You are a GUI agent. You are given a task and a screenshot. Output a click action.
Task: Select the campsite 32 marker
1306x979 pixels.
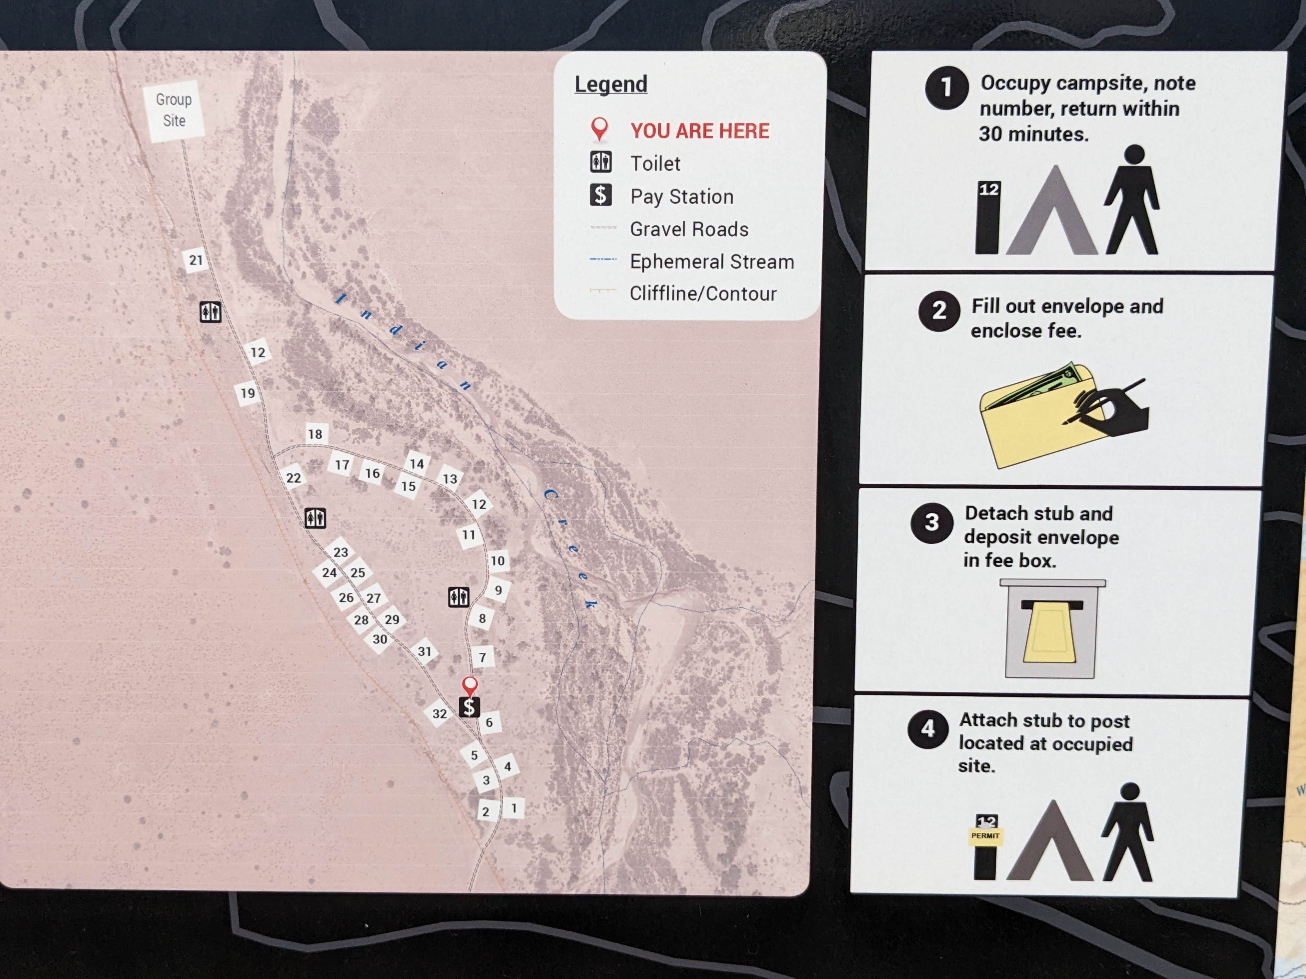point(439,714)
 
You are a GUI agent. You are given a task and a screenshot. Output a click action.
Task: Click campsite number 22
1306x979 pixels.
point(293,478)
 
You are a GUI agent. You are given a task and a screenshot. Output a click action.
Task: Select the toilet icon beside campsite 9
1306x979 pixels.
point(458,597)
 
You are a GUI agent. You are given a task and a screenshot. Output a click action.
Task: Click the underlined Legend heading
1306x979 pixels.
point(611,84)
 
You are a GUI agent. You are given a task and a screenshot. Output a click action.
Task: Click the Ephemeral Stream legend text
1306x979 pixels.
point(711,261)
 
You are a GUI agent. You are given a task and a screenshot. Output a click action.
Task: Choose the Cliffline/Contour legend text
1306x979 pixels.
point(703,293)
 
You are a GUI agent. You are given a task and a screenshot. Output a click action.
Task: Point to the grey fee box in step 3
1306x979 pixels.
point(1051,631)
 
